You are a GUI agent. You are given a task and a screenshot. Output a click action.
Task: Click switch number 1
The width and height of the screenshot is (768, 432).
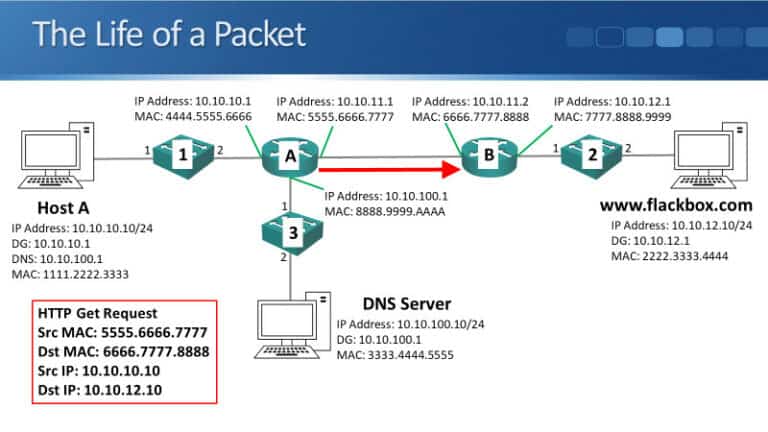coord(183,155)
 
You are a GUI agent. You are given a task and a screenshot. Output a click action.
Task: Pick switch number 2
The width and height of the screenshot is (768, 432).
coord(593,155)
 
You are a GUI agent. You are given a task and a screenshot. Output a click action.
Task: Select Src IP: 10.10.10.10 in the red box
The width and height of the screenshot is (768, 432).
coord(97,370)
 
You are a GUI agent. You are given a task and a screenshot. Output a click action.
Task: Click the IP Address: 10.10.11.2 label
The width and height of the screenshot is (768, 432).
coord(471,102)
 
